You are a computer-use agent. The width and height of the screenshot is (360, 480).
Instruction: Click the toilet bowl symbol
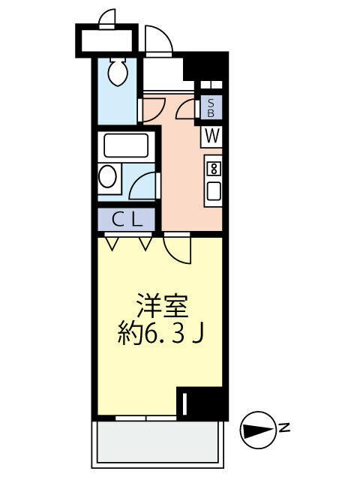click(x=117, y=73)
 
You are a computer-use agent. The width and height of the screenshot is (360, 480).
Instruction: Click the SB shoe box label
click(x=211, y=108)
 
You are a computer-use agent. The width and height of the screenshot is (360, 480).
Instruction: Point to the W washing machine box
click(x=212, y=136)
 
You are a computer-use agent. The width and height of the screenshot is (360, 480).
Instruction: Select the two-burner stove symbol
click(x=214, y=167)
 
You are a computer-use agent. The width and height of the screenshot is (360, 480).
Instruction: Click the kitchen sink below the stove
click(x=214, y=190)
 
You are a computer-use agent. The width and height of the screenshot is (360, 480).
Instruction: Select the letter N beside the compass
click(x=284, y=429)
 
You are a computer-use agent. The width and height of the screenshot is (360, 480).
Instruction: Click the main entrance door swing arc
click(x=158, y=42)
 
